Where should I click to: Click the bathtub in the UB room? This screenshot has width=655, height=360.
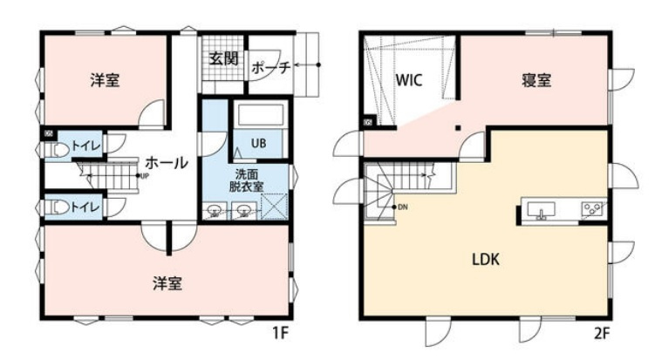pos(259,117)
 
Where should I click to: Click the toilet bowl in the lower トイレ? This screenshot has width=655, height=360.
pos(58,208)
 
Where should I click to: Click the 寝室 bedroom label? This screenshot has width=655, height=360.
pos(536,79)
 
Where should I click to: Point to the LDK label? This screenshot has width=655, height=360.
pos(486,258)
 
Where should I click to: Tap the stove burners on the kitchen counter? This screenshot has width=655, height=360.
pos(594,210)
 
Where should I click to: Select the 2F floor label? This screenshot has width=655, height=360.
pos(602,334)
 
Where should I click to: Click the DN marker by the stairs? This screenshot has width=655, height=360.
pos(402,207)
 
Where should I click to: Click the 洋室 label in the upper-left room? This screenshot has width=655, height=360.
pos(105,80)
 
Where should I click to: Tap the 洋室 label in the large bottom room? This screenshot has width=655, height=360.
pos(168,282)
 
